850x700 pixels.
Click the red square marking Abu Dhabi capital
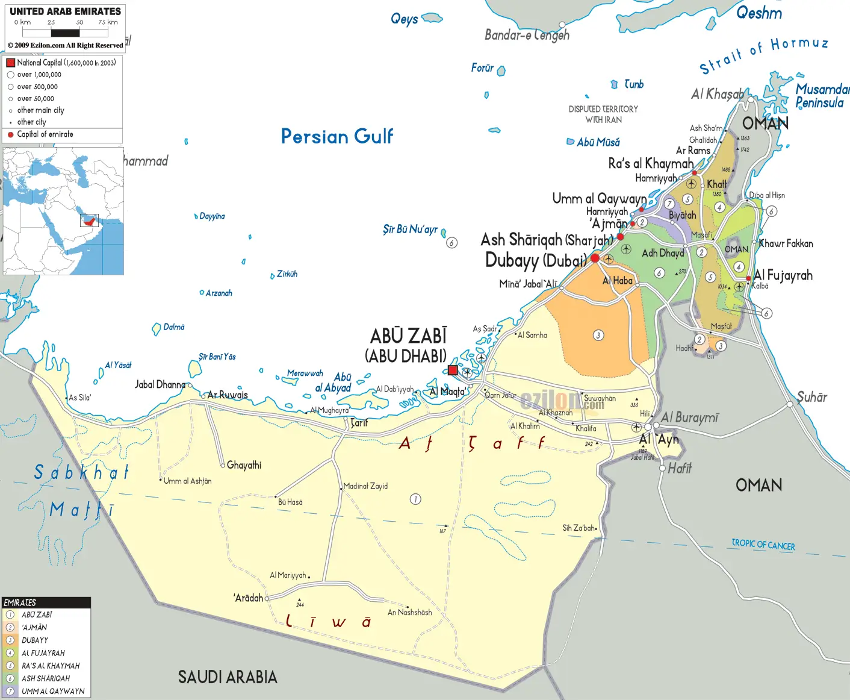(x=453, y=370)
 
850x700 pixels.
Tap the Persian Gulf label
(x=337, y=136)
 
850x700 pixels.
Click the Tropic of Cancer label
(x=763, y=545)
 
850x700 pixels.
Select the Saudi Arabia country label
(x=228, y=677)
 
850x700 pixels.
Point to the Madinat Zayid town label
(x=366, y=486)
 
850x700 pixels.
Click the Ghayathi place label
(x=244, y=465)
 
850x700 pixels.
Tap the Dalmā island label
(x=174, y=327)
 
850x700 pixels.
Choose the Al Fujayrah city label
(x=783, y=275)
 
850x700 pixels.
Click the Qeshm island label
(x=759, y=13)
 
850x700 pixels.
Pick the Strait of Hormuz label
(x=763, y=54)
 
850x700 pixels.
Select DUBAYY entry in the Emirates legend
(x=35, y=640)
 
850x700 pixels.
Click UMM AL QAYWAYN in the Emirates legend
(x=53, y=691)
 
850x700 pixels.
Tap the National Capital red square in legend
(x=10, y=63)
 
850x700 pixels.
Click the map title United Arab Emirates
(x=65, y=11)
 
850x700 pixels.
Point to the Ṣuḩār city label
(x=812, y=397)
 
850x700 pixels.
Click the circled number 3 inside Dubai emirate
(x=598, y=335)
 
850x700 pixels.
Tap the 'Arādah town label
(x=249, y=598)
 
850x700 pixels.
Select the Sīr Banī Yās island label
(x=217, y=357)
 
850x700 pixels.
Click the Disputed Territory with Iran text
(x=603, y=114)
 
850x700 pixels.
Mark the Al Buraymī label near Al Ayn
(x=689, y=417)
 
